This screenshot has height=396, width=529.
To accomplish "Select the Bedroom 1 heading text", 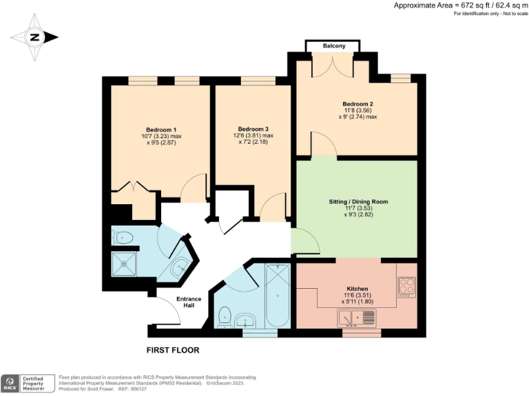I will pos(161,129).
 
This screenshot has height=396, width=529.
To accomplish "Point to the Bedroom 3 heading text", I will pos(253,129).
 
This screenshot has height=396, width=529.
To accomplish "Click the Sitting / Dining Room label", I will pos(358,201).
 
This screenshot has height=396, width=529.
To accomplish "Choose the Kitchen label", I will pos(357,288).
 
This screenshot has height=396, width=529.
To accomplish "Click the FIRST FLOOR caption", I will pos(173,350).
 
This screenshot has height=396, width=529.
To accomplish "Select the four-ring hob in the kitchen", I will pos(406,285).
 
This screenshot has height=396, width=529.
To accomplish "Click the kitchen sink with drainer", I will pos(357,318).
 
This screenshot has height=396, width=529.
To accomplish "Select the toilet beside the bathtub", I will pos(225,318).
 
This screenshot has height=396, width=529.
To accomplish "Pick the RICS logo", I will pos(10,382).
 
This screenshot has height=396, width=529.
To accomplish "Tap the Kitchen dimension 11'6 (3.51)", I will pos(357,295).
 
